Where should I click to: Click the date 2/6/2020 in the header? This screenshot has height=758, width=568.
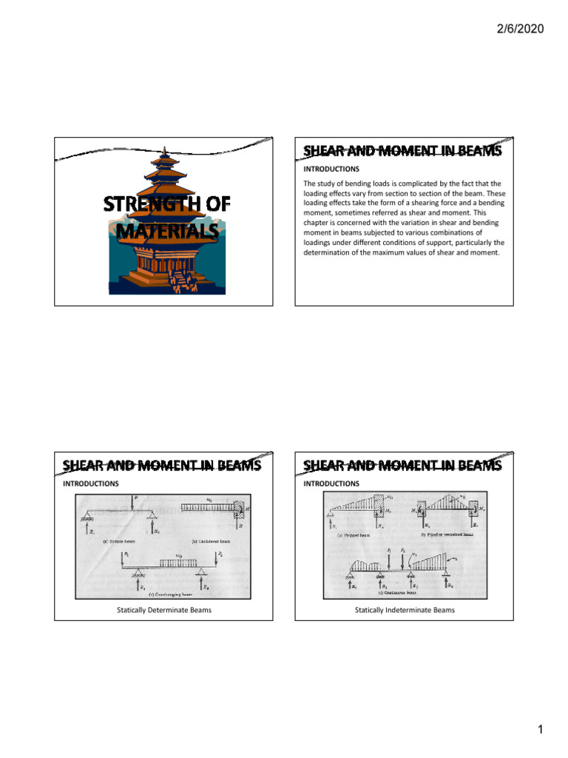(517, 29)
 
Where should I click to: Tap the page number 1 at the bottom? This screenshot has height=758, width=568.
(541, 731)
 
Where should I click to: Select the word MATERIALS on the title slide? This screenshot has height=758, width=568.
(166, 231)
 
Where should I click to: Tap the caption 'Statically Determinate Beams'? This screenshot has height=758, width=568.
(163, 609)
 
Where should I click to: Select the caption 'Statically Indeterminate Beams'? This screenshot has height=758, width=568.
(405, 609)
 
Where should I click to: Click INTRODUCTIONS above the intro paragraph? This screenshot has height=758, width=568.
(331, 169)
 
